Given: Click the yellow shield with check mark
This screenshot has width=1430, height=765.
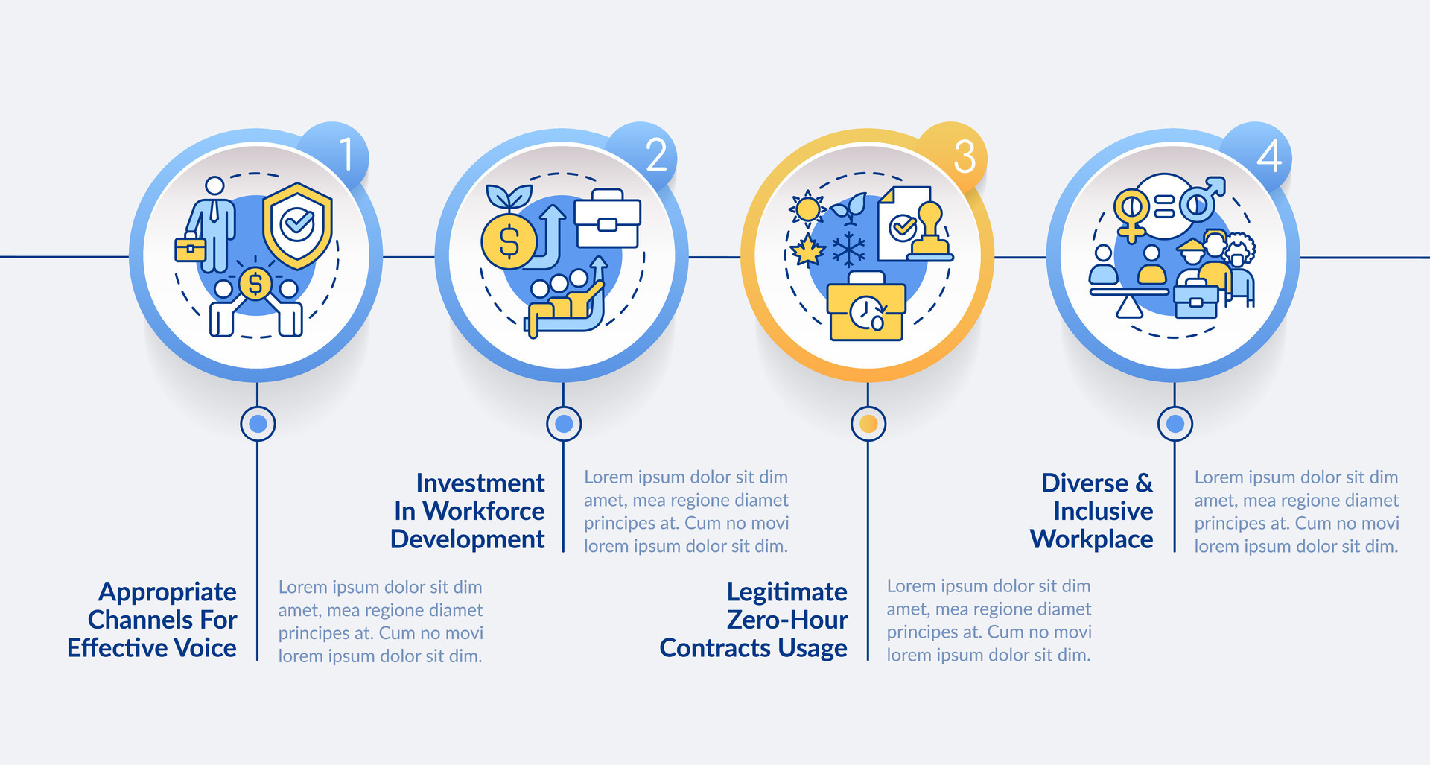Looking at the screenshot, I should pos(298,225).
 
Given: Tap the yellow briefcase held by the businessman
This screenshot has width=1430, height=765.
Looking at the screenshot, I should pos(190,249).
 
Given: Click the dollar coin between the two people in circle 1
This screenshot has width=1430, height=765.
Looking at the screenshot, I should pos(255,283).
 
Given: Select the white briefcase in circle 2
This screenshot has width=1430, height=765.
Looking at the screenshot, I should pos(608,218).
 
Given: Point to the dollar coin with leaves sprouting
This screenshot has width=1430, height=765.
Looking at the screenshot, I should pos(509,240).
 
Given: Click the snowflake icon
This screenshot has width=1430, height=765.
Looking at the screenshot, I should pos(849,250).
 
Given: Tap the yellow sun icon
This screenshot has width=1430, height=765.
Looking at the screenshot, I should pos(807,209).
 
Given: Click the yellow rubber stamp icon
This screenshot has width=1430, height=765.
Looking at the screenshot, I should pos(930,232).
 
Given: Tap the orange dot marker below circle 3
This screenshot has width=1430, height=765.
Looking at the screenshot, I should pos(868,424).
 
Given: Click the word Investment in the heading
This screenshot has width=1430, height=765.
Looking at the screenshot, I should pos(480,483).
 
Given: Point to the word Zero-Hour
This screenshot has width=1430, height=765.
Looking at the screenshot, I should pos(786,620).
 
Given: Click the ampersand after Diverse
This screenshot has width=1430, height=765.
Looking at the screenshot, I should pos(1144,483).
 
